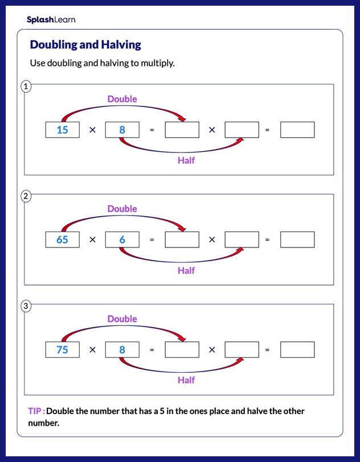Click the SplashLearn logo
click(51, 20)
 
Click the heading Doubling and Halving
click(85, 44)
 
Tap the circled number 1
click(26, 86)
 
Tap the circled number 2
click(26, 196)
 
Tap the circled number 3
click(26, 306)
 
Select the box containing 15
click(63, 130)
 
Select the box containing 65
click(63, 240)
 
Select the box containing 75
click(63, 349)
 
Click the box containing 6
click(122, 240)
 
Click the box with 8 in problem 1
click(122, 130)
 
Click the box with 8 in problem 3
click(122, 349)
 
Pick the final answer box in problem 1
click(297, 130)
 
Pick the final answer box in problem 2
click(297, 240)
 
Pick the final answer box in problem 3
click(297, 349)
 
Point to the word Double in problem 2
click(122, 209)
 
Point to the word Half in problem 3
click(186, 380)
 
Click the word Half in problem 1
click(186, 160)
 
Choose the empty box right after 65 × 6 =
click(182, 240)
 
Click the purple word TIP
click(35, 411)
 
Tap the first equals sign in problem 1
click(152, 130)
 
